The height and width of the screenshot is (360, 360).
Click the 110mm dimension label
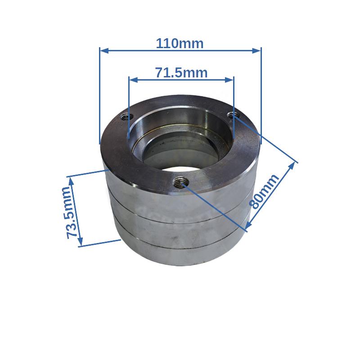(180, 43)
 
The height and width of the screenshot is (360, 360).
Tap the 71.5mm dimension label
(181, 72)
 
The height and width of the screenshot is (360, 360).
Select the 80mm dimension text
(264, 192)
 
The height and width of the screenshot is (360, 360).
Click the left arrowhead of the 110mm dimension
(104, 51)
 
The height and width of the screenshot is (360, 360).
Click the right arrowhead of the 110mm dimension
(256, 51)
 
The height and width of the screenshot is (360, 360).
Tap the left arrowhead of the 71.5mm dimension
(133, 80)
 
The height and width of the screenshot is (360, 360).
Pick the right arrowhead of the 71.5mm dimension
(229, 80)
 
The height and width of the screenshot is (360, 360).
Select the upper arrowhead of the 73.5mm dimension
(72, 182)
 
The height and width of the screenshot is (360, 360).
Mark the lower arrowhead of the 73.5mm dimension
(80, 241)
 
